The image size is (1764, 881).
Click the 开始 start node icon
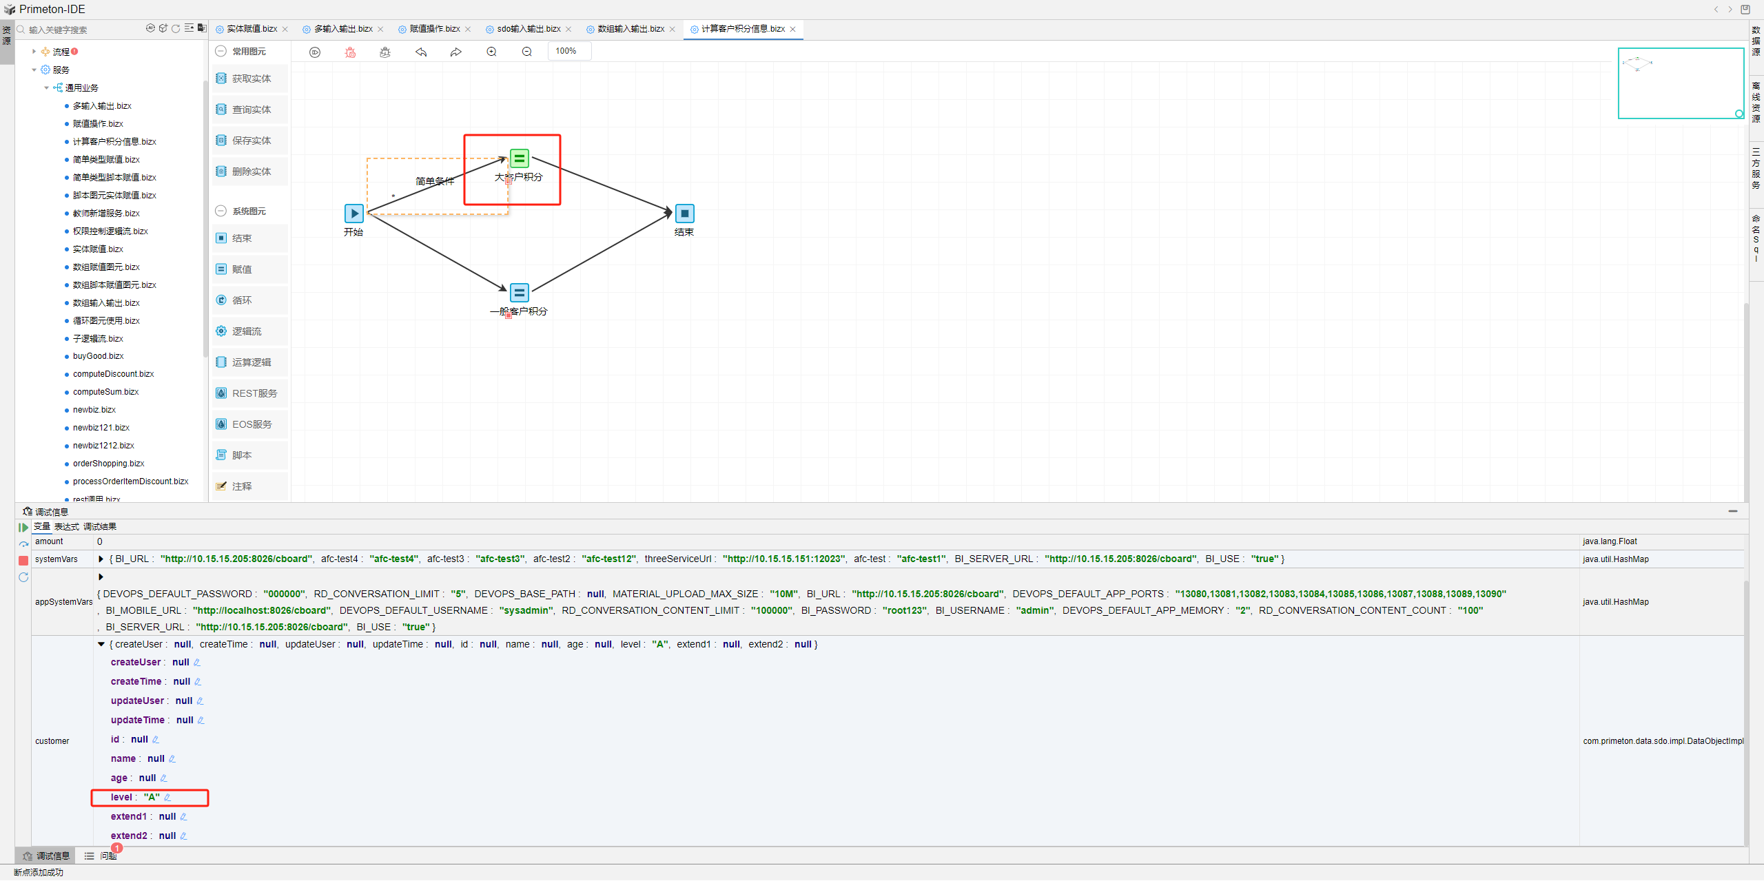tap(353, 214)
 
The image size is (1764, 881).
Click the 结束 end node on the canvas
tap(684, 214)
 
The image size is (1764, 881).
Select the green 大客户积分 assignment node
tap(520, 159)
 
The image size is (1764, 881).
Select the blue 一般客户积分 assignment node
tap(520, 293)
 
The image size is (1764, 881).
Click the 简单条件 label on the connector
tap(435, 181)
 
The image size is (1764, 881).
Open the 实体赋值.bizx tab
tap(252, 29)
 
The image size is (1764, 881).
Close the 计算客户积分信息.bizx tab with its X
tap(793, 29)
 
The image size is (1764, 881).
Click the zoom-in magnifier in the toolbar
tap(491, 52)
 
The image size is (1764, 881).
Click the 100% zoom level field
tap(568, 51)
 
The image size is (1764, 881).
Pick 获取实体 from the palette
tap(251, 79)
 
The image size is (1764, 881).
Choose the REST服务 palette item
tap(254, 393)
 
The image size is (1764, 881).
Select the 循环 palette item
tap(241, 300)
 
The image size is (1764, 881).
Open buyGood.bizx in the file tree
tap(98, 356)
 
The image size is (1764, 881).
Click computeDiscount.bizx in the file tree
tap(113, 374)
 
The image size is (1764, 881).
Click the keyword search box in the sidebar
tap(83, 30)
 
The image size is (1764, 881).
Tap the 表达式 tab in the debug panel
tap(67, 527)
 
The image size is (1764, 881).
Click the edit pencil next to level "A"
tap(167, 798)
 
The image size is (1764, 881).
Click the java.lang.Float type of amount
tap(1610, 541)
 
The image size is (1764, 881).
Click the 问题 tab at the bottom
tap(107, 856)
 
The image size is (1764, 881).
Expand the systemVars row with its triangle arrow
tap(101, 559)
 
